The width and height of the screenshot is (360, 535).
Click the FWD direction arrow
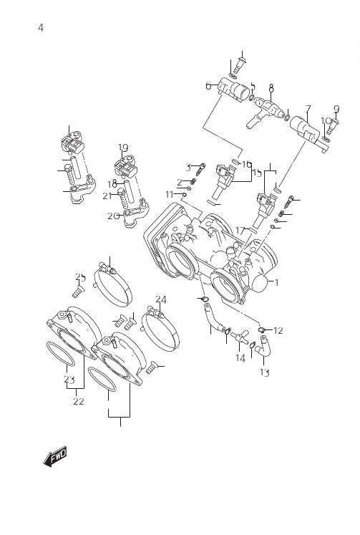coord(55,456)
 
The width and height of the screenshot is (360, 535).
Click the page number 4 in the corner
coord(41,28)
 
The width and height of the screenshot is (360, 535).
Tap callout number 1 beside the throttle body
coord(277,282)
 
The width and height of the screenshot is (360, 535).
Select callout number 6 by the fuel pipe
coord(208,86)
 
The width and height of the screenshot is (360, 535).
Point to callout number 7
coord(308,109)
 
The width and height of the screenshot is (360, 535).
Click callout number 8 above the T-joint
coord(271,88)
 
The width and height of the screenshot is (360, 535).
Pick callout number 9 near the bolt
coord(336,109)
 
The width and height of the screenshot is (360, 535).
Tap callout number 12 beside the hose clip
coord(278,330)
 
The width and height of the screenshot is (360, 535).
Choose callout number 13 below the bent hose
coord(265,372)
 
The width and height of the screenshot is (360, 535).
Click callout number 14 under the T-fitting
coord(240,358)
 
